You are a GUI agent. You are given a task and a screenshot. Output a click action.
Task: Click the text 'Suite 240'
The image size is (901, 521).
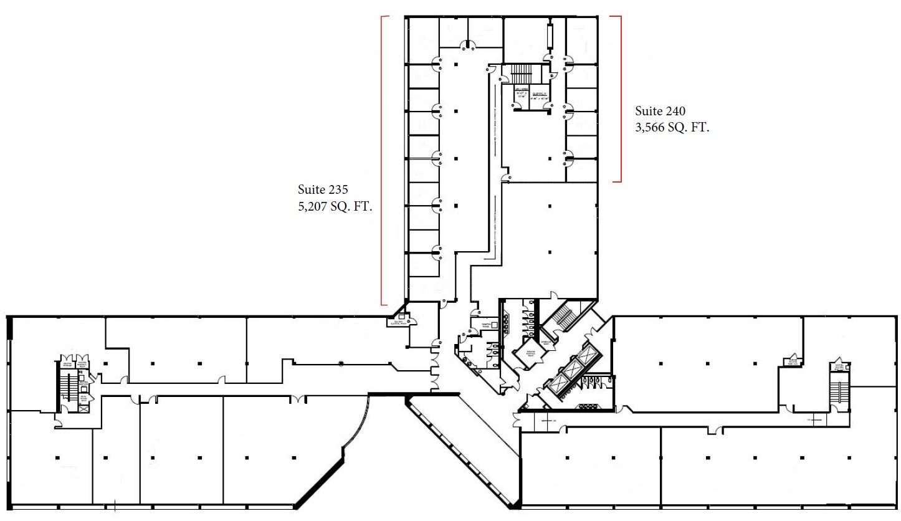click(660, 112)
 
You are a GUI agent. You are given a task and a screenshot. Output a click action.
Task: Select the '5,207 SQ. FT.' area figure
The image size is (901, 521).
click(335, 207)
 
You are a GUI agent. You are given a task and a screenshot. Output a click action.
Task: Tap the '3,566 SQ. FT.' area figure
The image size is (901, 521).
click(672, 128)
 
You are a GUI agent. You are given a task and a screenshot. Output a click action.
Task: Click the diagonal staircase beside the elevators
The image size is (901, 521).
click(562, 316)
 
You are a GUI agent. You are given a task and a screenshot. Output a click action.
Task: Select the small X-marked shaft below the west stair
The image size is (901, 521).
click(83, 408)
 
